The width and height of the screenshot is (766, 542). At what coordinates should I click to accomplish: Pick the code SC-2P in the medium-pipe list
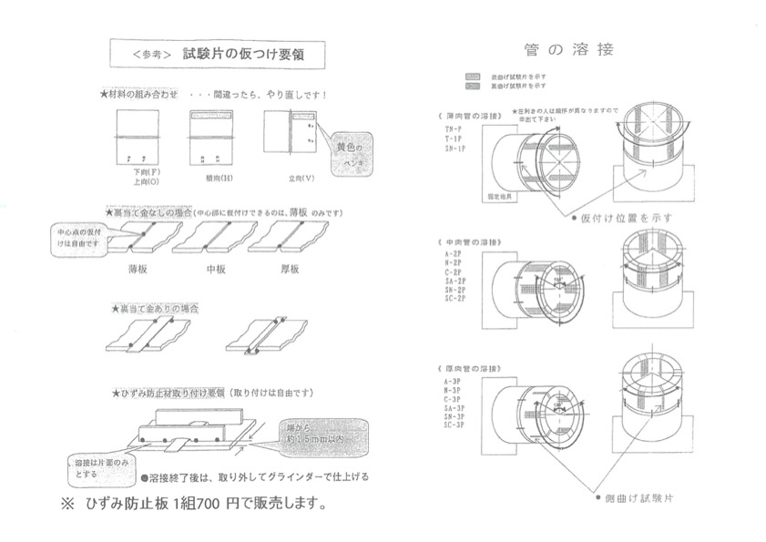coord(455,299)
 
